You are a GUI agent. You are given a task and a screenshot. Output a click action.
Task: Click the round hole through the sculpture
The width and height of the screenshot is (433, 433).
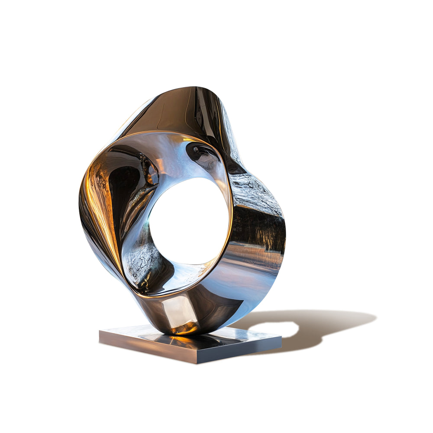(x=189, y=221)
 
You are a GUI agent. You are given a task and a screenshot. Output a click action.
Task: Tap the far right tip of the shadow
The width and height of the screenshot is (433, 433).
(x=375, y=319)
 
